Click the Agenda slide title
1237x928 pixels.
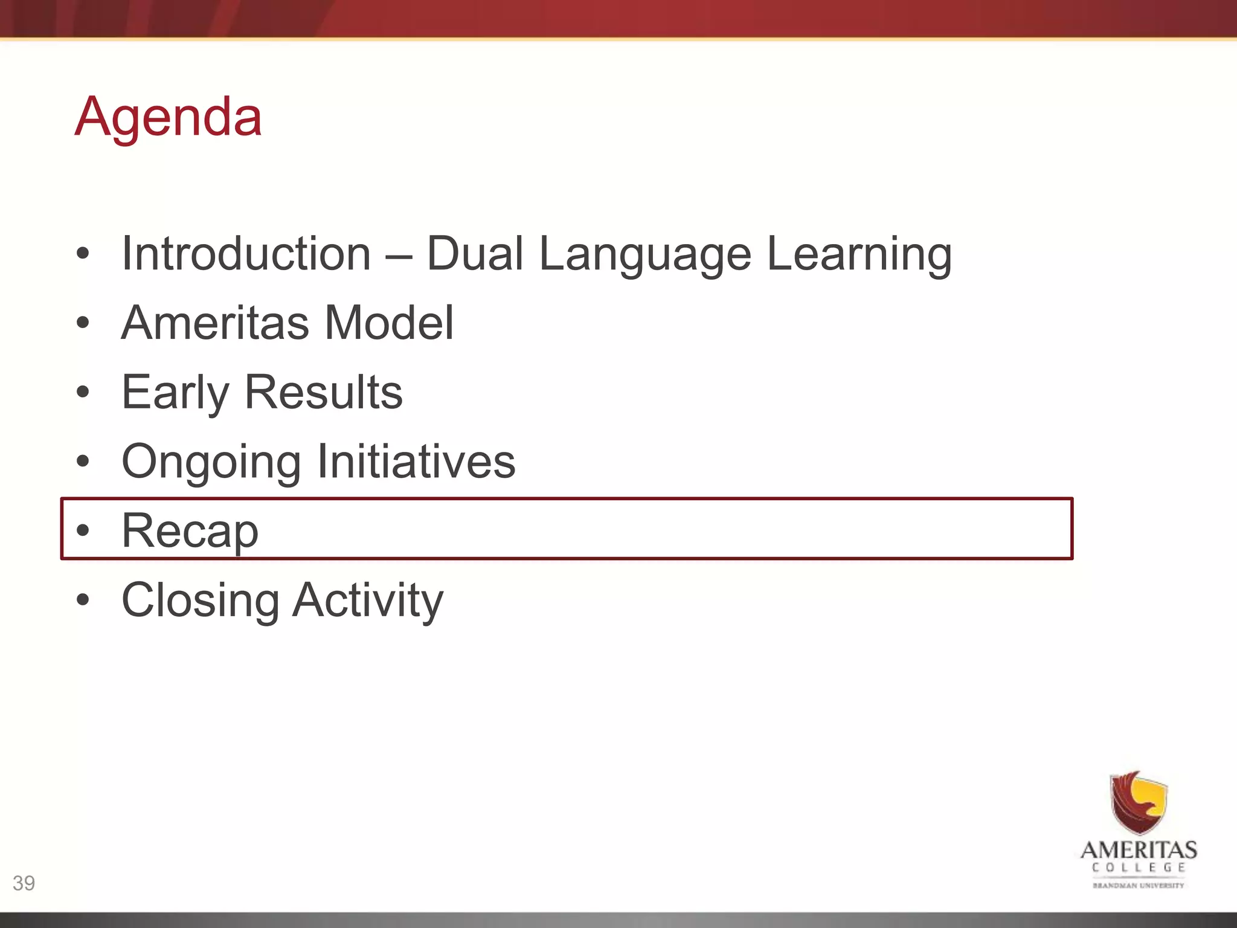pos(169,117)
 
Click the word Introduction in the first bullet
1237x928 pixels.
pos(246,254)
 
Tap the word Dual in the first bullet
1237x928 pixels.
pos(475,254)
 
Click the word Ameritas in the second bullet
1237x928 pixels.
pos(216,323)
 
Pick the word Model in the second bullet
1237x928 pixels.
pos(389,323)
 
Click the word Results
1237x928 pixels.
pos(323,393)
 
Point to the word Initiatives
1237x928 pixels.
pos(416,462)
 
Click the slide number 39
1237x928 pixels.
pos(24,883)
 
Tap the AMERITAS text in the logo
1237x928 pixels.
pos(1139,851)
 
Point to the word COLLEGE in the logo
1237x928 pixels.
pos(1139,868)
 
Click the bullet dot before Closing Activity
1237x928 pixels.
pos(83,600)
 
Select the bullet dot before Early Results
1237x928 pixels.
pos(83,392)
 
